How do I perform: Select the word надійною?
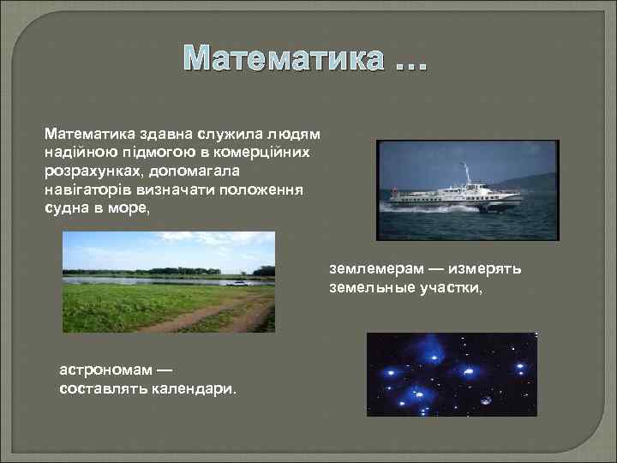pos(79,151)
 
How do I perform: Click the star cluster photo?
pos(451,375)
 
